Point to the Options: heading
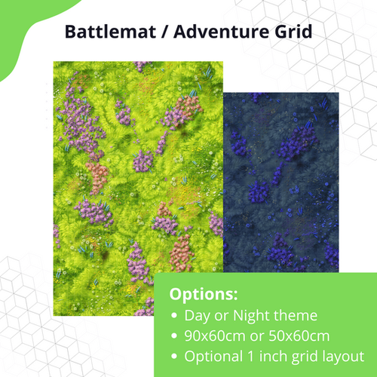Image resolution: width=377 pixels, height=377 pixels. pos(203,293)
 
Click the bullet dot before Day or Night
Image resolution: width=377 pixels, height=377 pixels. pos(176,315)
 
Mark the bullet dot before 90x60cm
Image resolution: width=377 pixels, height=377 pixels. pos(176,336)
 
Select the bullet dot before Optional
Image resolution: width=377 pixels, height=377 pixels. pos(176,356)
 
